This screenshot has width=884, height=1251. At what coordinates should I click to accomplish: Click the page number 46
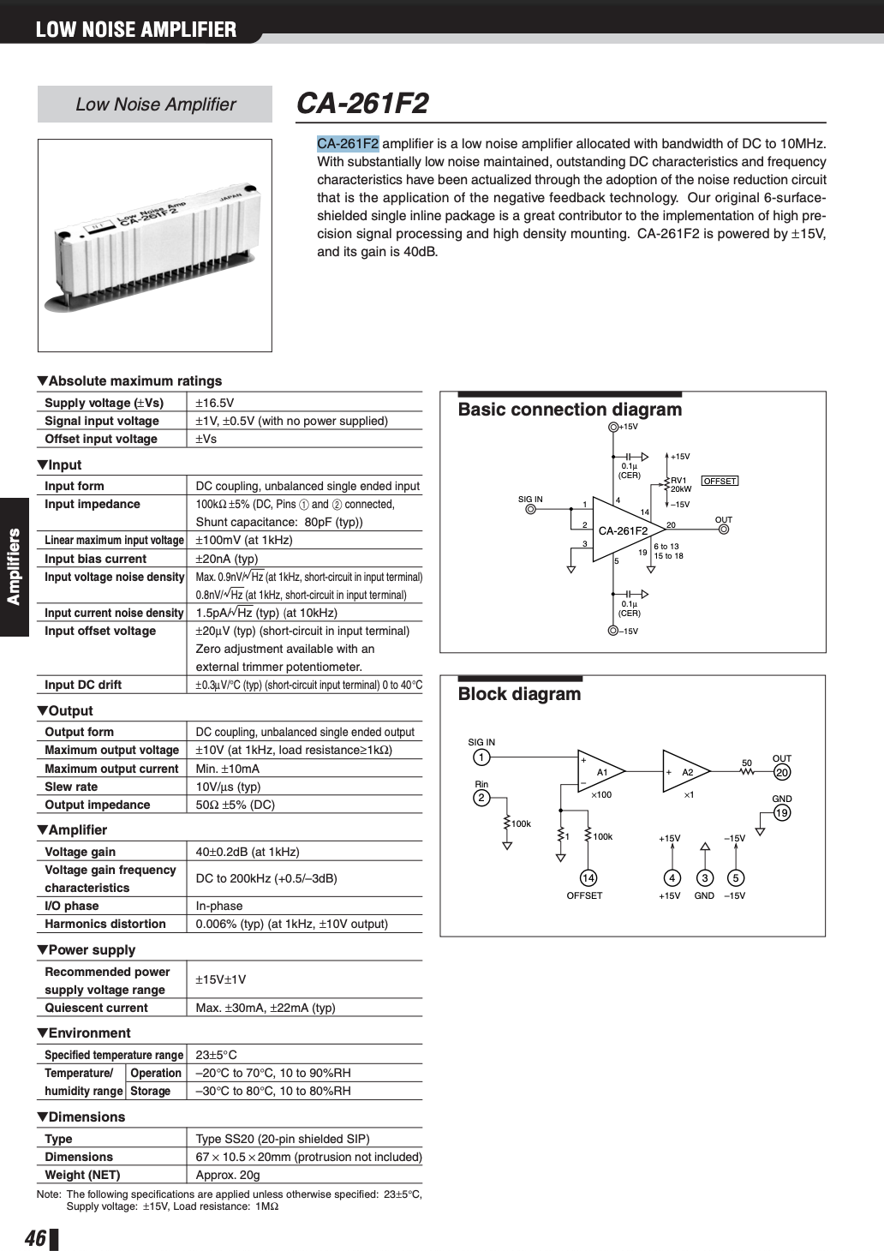point(35,1238)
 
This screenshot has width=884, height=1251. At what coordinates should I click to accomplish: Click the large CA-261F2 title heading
point(362,104)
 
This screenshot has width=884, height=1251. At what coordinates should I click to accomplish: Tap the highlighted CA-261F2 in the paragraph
point(348,144)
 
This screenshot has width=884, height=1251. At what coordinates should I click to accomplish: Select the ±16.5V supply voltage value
point(214,403)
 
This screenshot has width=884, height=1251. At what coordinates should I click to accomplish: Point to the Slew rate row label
point(71,787)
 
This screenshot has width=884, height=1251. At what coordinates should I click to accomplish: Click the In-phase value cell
point(219,906)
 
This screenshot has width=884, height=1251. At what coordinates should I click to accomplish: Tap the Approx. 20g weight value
point(227,1175)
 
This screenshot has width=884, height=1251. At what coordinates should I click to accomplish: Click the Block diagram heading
point(519,694)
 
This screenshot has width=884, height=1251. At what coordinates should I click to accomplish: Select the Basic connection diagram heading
point(570,410)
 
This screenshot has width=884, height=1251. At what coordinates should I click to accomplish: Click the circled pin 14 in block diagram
point(588,877)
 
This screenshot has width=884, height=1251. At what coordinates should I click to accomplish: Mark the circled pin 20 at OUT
point(782,773)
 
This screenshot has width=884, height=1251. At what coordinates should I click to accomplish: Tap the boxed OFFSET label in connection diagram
point(720,481)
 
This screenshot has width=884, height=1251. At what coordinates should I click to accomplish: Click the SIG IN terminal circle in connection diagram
point(530,509)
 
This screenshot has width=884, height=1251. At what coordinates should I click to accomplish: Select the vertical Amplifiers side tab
point(14,566)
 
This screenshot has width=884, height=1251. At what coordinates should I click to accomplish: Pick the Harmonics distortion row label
point(105,924)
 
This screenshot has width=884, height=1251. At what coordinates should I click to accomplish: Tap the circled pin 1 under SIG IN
point(481,757)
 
